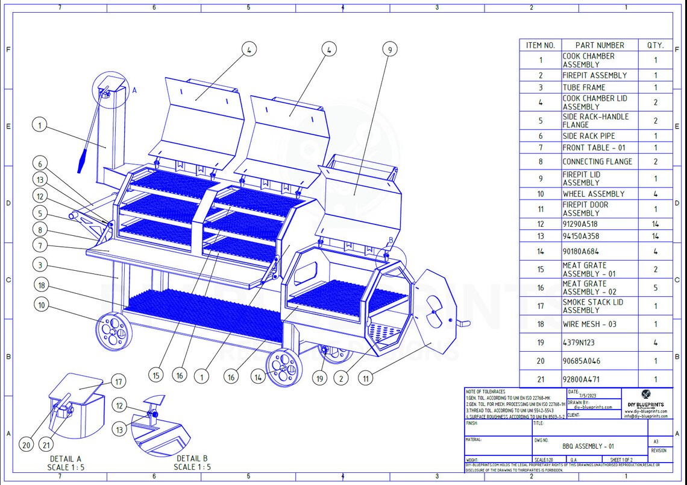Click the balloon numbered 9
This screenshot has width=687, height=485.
[x=390, y=49]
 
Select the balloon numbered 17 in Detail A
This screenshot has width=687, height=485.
[x=119, y=382]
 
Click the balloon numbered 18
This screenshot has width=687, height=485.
[x=41, y=285]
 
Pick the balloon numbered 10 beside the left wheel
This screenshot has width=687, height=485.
[x=41, y=305]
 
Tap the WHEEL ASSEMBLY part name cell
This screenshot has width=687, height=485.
[x=594, y=194]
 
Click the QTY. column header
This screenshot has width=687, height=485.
[x=655, y=45]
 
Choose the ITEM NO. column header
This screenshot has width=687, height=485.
[x=540, y=45]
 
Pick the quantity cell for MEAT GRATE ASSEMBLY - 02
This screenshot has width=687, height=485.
[x=655, y=288]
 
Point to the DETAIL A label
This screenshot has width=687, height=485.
[x=66, y=459]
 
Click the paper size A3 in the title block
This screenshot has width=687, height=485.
[x=656, y=442]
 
